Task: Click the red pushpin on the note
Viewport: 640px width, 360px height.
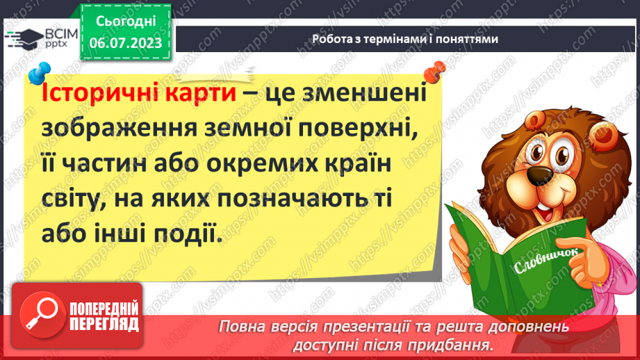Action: (x=436, y=71)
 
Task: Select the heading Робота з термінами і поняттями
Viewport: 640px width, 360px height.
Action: (x=404, y=40)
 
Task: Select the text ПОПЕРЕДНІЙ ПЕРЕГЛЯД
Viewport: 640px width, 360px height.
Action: (x=104, y=316)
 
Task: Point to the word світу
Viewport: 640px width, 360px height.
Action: (x=76, y=202)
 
